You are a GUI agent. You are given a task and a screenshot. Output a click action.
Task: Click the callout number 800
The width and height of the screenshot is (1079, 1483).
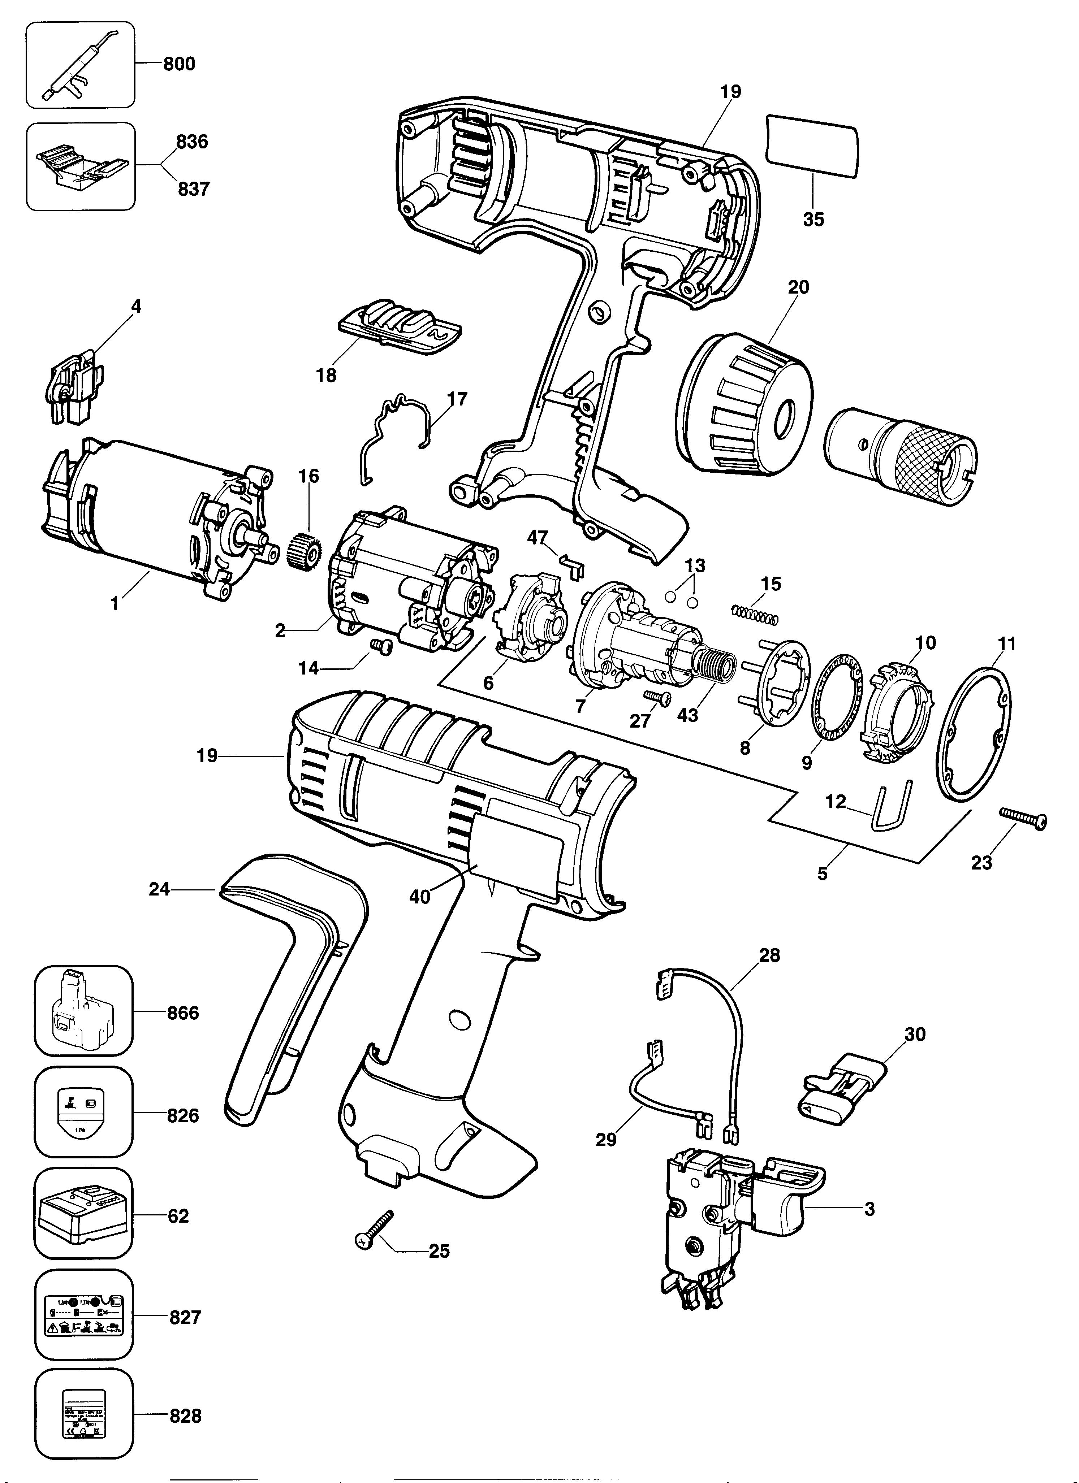178,64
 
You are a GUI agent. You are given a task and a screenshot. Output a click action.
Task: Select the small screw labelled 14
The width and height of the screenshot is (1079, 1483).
378,645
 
